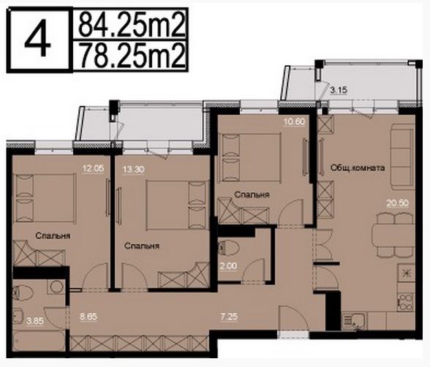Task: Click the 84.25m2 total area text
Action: tap(131, 25)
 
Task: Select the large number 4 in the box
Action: tap(38, 41)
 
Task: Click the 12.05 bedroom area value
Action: tap(94, 168)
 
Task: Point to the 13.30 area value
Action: tap(134, 170)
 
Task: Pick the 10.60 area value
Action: tap(294, 121)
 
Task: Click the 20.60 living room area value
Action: tap(398, 203)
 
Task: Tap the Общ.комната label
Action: tap(358, 167)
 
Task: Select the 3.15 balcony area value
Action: tap(339, 90)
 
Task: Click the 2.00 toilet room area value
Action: tap(229, 266)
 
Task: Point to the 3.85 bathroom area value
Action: tap(35, 321)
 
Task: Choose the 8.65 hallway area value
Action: tap(88, 317)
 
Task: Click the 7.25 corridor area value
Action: tap(229, 317)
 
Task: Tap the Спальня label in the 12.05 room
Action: tap(53, 235)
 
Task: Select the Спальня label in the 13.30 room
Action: tap(142, 246)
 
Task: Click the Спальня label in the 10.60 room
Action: tap(252, 194)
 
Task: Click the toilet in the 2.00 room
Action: tap(228, 248)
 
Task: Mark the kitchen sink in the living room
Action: tap(354, 322)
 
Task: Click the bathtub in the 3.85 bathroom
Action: tap(39, 341)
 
